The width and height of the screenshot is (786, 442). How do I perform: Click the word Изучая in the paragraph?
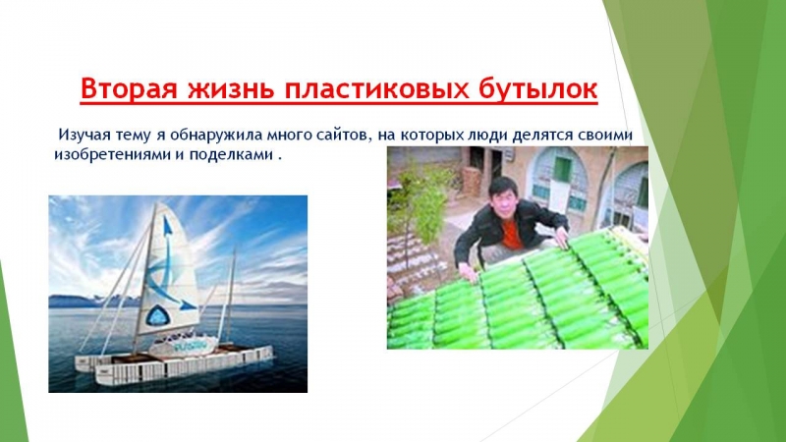(x=85, y=136)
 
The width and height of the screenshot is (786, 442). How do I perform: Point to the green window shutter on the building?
(x=562, y=169)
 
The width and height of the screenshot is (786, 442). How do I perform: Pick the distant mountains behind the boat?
(x=95, y=301)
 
